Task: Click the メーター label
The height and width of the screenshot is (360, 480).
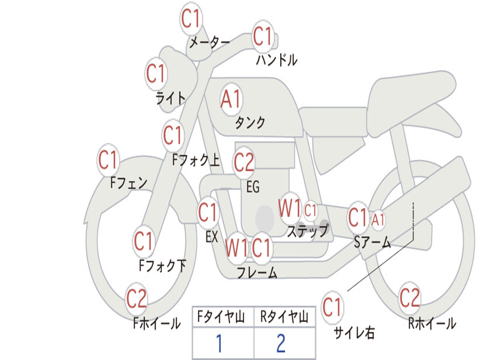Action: [x=210, y=42]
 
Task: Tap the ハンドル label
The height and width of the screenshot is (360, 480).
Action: [x=277, y=60]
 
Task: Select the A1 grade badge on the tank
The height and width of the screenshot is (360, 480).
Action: [x=231, y=99]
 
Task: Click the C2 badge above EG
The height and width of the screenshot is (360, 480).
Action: [x=244, y=162]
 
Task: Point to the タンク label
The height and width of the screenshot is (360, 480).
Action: [x=250, y=122]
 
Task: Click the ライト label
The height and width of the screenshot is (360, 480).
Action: [x=171, y=98]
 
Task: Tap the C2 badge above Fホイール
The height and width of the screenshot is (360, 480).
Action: [x=136, y=298]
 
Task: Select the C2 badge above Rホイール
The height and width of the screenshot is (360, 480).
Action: [x=410, y=297]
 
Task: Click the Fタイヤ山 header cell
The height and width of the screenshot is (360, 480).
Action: [x=221, y=317]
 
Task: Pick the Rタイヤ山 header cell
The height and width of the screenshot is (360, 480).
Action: [x=285, y=317]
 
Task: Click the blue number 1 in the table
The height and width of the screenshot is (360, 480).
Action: [x=219, y=343]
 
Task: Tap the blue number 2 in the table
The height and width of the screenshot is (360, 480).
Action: [x=281, y=343]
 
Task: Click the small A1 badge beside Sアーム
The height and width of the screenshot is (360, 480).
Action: [x=378, y=219]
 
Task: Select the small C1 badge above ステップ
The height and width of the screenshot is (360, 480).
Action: [x=310, y=210]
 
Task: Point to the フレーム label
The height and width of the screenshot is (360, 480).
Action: [x=257, y=272]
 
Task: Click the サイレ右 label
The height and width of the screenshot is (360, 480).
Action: [x=354, y=333]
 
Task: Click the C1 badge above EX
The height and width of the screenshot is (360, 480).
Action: [x=208, y=212]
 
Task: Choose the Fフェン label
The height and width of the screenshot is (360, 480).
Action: [x=128, y=183]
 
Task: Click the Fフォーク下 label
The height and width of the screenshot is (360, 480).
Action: [x=163, y=265]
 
